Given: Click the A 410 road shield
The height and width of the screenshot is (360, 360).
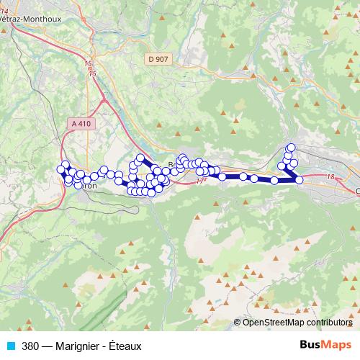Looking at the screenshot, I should pyautogui.click(x=81, y=124).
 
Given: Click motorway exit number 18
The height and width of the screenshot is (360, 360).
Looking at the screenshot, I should pyautogui.click(x=330, y=176).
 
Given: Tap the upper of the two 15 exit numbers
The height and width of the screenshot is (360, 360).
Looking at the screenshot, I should pyautogui.click(x=89, y=64).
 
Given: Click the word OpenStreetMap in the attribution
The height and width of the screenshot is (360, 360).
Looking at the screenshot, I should pyautogui.click(x=270, y=323).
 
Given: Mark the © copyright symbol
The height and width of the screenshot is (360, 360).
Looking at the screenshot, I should pyautogui.click(x=238, y=323).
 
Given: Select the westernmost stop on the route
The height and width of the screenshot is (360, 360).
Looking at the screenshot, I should pyautogui.click(x=62, y=170).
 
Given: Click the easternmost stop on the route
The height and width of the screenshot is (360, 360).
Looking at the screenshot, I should pyautogui.click(x=300, y=180).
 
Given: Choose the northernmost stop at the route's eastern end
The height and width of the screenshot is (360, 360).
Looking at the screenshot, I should pyautogui.click(x=292, y=148).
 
